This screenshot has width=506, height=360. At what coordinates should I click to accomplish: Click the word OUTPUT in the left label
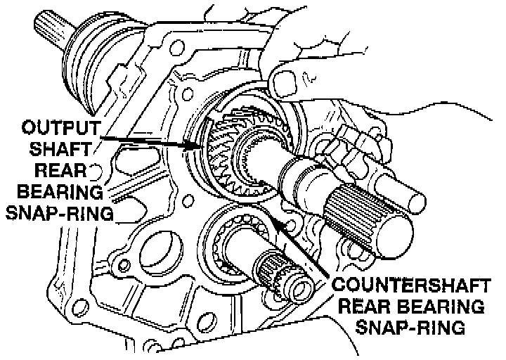tap(58, 129)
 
